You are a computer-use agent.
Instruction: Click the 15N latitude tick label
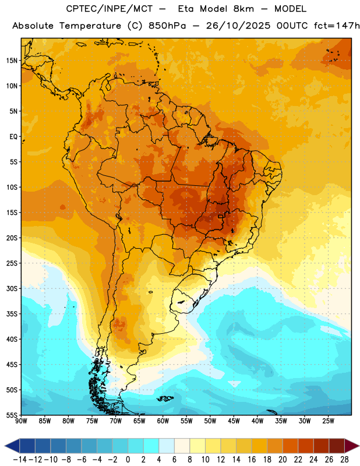(x=12, y=61)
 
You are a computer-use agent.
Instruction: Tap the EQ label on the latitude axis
(x=13, y=137)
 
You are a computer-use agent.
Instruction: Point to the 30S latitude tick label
(x=12, y=288)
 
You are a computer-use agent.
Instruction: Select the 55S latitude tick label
(x=12, y=415)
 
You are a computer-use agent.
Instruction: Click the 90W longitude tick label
(x=21, y=421)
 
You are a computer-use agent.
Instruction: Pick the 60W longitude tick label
(x=163, y=421)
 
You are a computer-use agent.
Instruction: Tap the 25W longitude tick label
(x=328, y=421)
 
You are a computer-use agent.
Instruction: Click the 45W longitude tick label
(x=234, y=421)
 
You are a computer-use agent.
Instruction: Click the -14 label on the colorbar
(x=20, y=460)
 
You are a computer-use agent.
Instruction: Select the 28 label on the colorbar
(x=344, y=460)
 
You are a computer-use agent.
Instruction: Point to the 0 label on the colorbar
(x=128, y=460)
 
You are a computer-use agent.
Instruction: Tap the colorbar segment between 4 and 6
(x=167, y=446)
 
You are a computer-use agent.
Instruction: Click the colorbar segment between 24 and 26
(x=321, y=446)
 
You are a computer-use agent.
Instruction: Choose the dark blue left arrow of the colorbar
(x=12, y=446)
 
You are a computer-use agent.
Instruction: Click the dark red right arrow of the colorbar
(x=352, y=446)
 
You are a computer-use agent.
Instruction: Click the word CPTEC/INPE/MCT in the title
(x=110, y=9)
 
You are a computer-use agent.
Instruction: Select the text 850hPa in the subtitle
(x=167, y=26)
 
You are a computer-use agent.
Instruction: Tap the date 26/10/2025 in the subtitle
(x=238, y=26)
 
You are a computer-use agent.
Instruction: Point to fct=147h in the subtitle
(x=337, y=26)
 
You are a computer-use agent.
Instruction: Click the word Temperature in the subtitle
(x=90, y=26)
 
